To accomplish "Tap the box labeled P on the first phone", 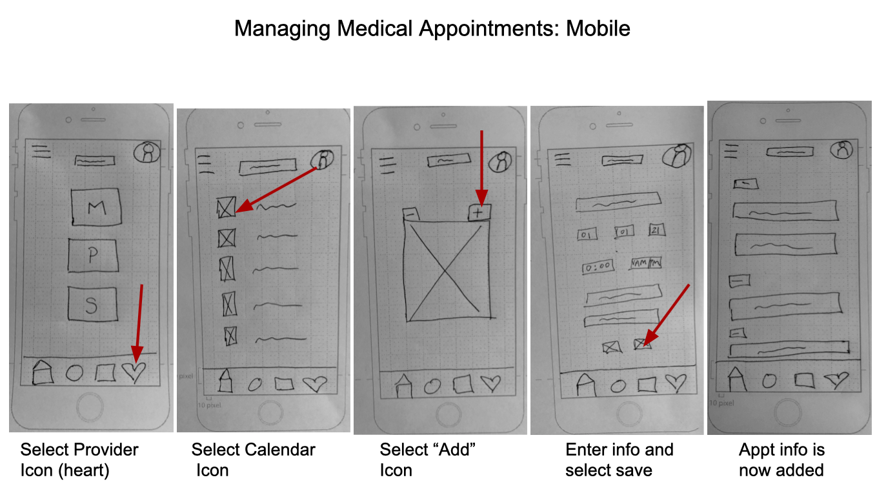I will (x=92, y=255).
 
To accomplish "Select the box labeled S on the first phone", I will (x=91, y=304).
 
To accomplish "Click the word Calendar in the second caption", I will (x=285, y=450).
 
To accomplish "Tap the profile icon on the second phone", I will (x=321, y=160).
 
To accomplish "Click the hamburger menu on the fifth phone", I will (x=732, y=150).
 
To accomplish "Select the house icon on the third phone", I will (x=403, y=386).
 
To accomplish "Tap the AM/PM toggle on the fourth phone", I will (x=647, y=263).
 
